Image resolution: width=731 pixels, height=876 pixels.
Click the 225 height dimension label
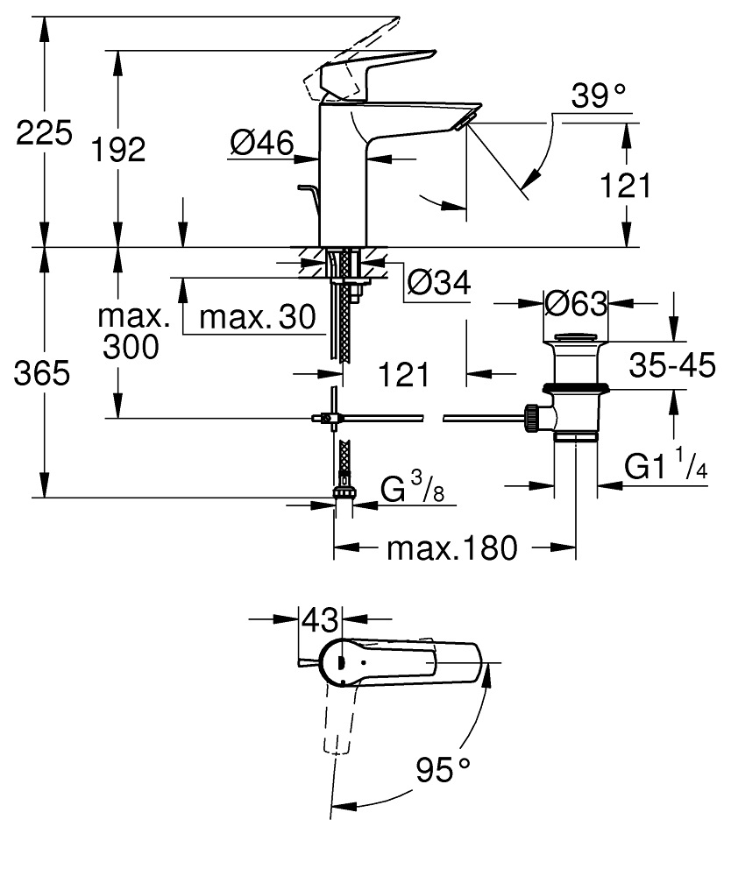point(44,135)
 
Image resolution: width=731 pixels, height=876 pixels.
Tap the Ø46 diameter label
point(260,142)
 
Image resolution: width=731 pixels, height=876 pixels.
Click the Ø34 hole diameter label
point(439,282)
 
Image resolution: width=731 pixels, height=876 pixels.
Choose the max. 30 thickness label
point(256,317)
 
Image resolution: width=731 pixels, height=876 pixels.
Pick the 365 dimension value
point(43,374)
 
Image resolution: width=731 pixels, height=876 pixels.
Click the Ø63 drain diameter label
point(575,304)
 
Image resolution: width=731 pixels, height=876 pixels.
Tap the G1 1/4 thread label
point(666,465)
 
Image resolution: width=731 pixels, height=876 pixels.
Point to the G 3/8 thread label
point(412,487)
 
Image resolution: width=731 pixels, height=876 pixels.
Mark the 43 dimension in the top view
point(319,620)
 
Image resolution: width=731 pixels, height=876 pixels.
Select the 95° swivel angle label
point(443,772)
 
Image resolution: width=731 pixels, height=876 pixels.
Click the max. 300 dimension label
point(131,331)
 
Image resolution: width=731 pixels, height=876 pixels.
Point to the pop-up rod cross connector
point(328,419)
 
